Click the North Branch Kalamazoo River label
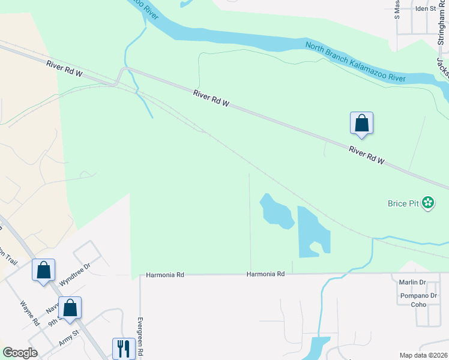[355, 62]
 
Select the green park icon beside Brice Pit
[428, 203]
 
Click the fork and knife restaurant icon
[123, 347]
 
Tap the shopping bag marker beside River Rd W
[361, 123]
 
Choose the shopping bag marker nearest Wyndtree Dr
[44, 270]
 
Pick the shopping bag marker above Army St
[70, 308]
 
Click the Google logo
[20, 353]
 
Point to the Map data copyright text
[424, 355]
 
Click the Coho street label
[418, 304]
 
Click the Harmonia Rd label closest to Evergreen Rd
[164, 275]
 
